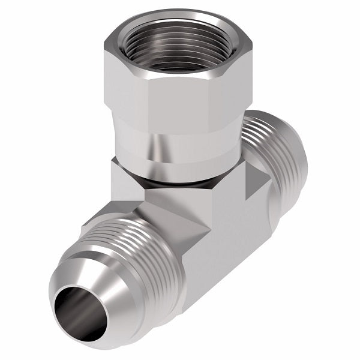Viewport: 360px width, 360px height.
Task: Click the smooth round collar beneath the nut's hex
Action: click(x=180, y=153)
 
